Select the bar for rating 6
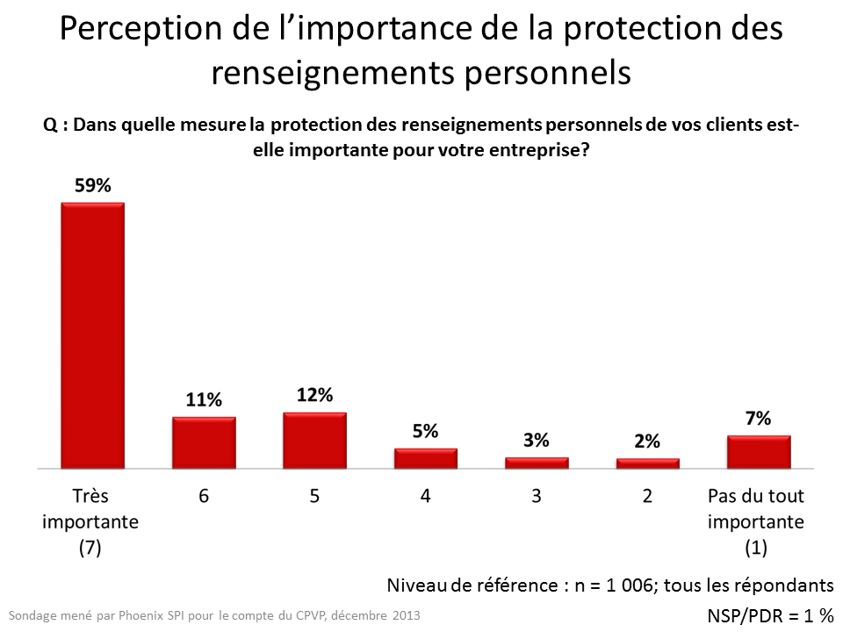click(204, 442)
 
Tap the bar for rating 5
click(314, 440)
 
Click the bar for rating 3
click(537, 463)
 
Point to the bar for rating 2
click(647, 463)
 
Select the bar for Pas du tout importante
click(759, 451)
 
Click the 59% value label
click(92, 187)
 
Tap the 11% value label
click(204, 400)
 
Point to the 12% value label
click(314, 396)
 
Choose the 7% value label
click(759, 419)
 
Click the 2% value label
click(647, 442)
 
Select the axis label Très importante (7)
click(92, 521)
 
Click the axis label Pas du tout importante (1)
click(756, 521)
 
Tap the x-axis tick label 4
click(426, 496)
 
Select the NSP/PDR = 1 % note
click(769, 615)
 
